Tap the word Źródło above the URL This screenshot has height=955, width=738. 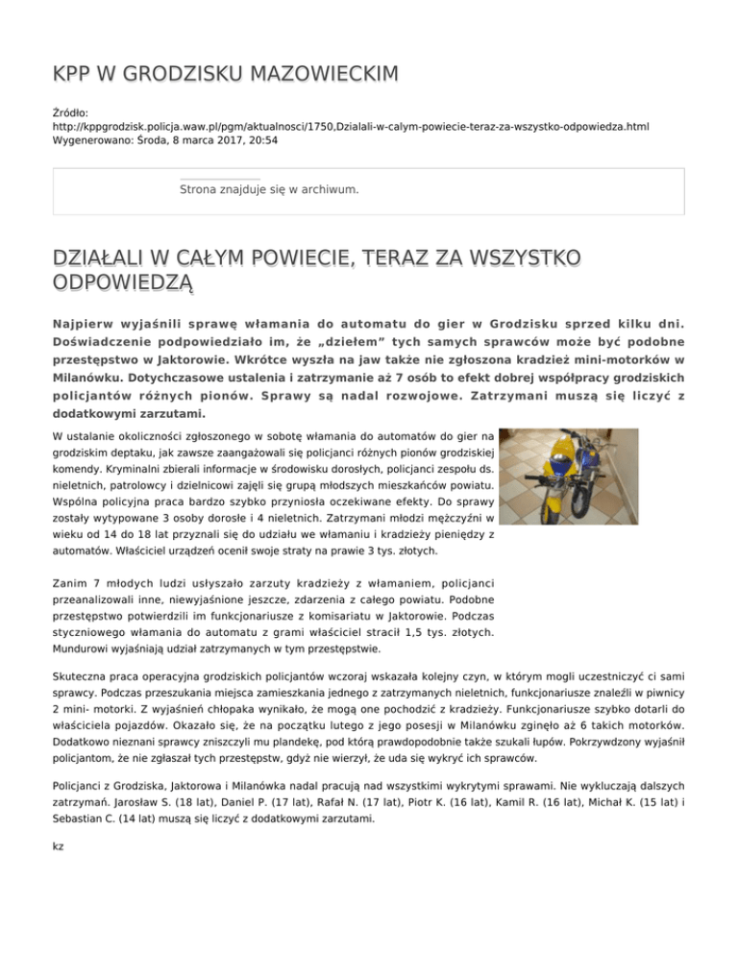tap(72, 111)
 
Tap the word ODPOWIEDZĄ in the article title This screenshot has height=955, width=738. tap(124, 282)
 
